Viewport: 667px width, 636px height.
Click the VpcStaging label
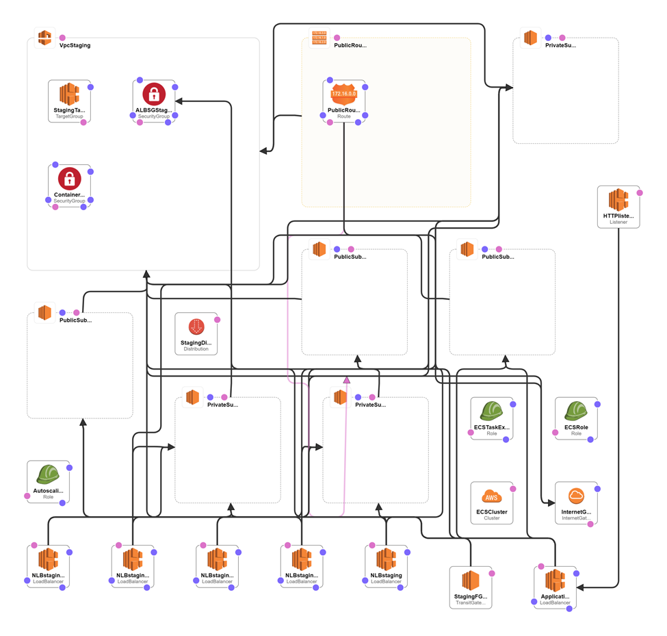pos(75,45)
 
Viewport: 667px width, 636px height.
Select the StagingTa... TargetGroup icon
pos(69,94)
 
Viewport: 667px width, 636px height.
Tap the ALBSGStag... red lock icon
pos(154,94)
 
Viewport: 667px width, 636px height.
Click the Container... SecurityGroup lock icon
pos(69,179)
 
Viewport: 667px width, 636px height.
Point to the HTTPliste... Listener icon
pos(618,200)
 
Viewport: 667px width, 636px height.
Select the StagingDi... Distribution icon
pos(196,327)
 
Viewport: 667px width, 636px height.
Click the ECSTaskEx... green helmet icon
pos(492,411)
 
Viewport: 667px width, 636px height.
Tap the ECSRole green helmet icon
pos(576,411)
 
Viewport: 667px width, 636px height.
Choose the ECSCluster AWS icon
pos(491,496)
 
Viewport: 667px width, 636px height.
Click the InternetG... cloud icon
pos(576,496)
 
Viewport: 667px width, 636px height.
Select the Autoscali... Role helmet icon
pos(48,474)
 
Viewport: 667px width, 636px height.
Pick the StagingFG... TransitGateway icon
pos(471,581)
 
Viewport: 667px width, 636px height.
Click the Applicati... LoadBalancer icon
pos(555,581)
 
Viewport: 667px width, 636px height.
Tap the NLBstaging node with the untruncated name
pos(387,559)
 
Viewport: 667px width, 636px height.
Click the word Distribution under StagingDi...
pos(196,350)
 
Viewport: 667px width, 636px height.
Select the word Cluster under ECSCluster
pos(491,518)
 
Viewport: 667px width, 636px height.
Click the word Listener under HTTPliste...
pos(618,222)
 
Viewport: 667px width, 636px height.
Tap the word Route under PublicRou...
pos(343,116)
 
